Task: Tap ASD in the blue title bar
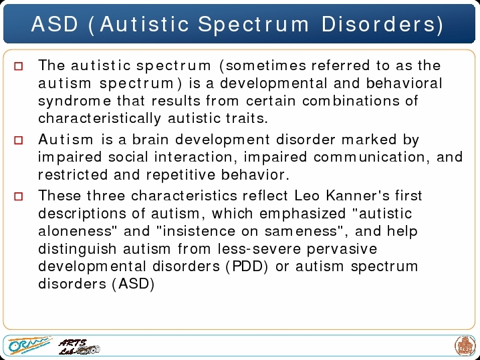point(55,24)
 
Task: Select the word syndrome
point(74,102)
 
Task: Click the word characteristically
point(100,119)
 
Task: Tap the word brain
point(150,140)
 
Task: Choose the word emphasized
point(302,214)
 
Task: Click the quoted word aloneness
point(78,231)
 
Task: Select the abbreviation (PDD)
point(247,266)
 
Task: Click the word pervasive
point(342,249)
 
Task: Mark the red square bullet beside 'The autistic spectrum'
point(19,66)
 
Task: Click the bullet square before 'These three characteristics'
point(19,196)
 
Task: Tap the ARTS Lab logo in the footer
point(80,347)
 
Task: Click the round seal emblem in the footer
point(465,346)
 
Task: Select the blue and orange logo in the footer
point(29,345)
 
